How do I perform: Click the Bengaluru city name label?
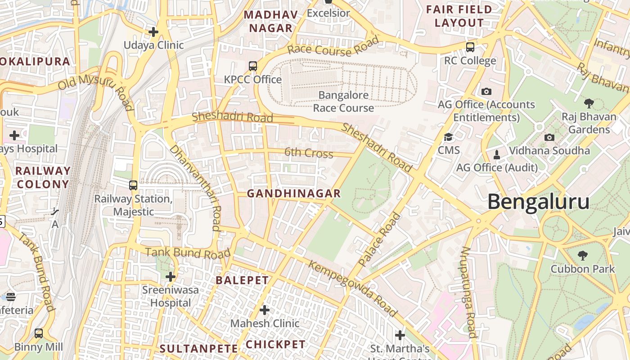[x=538, y=202]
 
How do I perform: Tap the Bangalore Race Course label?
[x=343, y=102]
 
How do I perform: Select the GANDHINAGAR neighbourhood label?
[x=294, y=193]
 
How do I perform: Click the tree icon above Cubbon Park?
[x=583, y=256]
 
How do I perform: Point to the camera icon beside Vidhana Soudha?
[x=549, y=137]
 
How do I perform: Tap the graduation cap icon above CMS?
[x=448, y=137]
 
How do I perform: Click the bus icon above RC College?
[x=470, y=47]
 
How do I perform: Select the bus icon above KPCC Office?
[x=253, y=66]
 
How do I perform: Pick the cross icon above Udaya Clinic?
[x=153, y=32]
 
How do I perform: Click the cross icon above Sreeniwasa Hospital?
[x=170, y=276]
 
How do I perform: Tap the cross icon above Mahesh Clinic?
[x=265, y=310]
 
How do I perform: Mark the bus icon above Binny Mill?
[x=39, y=333]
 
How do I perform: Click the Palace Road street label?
[x=379, y=239]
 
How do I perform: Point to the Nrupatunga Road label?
[x=468, y=292]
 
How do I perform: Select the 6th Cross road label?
[x=309, y=153]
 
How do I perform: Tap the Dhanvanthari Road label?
[x=197, y=188]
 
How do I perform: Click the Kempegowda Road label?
[x=353, y=288]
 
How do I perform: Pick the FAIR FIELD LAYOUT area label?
[x=459, y=16]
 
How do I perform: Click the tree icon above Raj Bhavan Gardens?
[x=589, y=103]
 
